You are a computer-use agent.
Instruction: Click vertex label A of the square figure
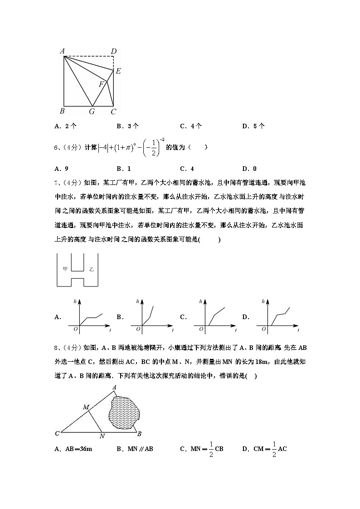point(62,51)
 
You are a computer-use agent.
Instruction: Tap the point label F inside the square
point(102,84)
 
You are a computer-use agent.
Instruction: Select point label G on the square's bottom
point(92,111)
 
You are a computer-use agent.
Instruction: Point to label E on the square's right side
point(118,71)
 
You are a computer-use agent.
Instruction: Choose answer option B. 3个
point(127,126)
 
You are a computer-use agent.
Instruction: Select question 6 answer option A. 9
point(61,169)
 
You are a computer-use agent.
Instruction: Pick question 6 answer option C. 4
point(187,169)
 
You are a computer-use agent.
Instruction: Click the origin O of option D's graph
point(264,329)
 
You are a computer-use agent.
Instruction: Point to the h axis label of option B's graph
point(137,301)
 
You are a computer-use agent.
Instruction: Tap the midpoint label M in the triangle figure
point(85,407)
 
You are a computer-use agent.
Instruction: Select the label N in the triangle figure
point(102,436)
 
